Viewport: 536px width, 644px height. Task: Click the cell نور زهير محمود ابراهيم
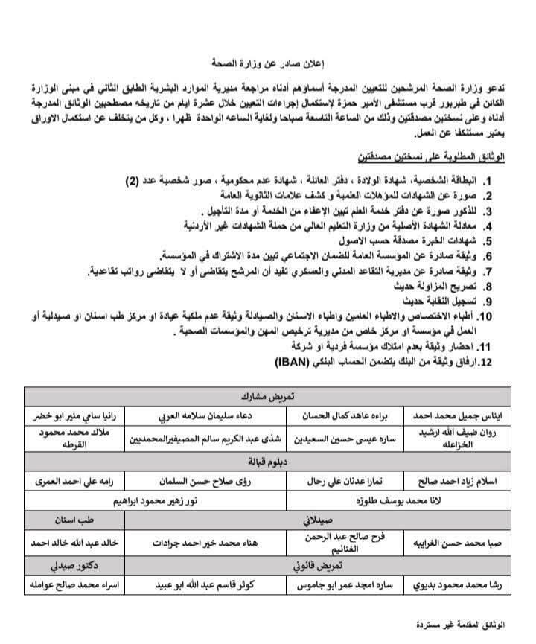point(156,500)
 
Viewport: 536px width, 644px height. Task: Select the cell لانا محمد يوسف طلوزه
point(399,500)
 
